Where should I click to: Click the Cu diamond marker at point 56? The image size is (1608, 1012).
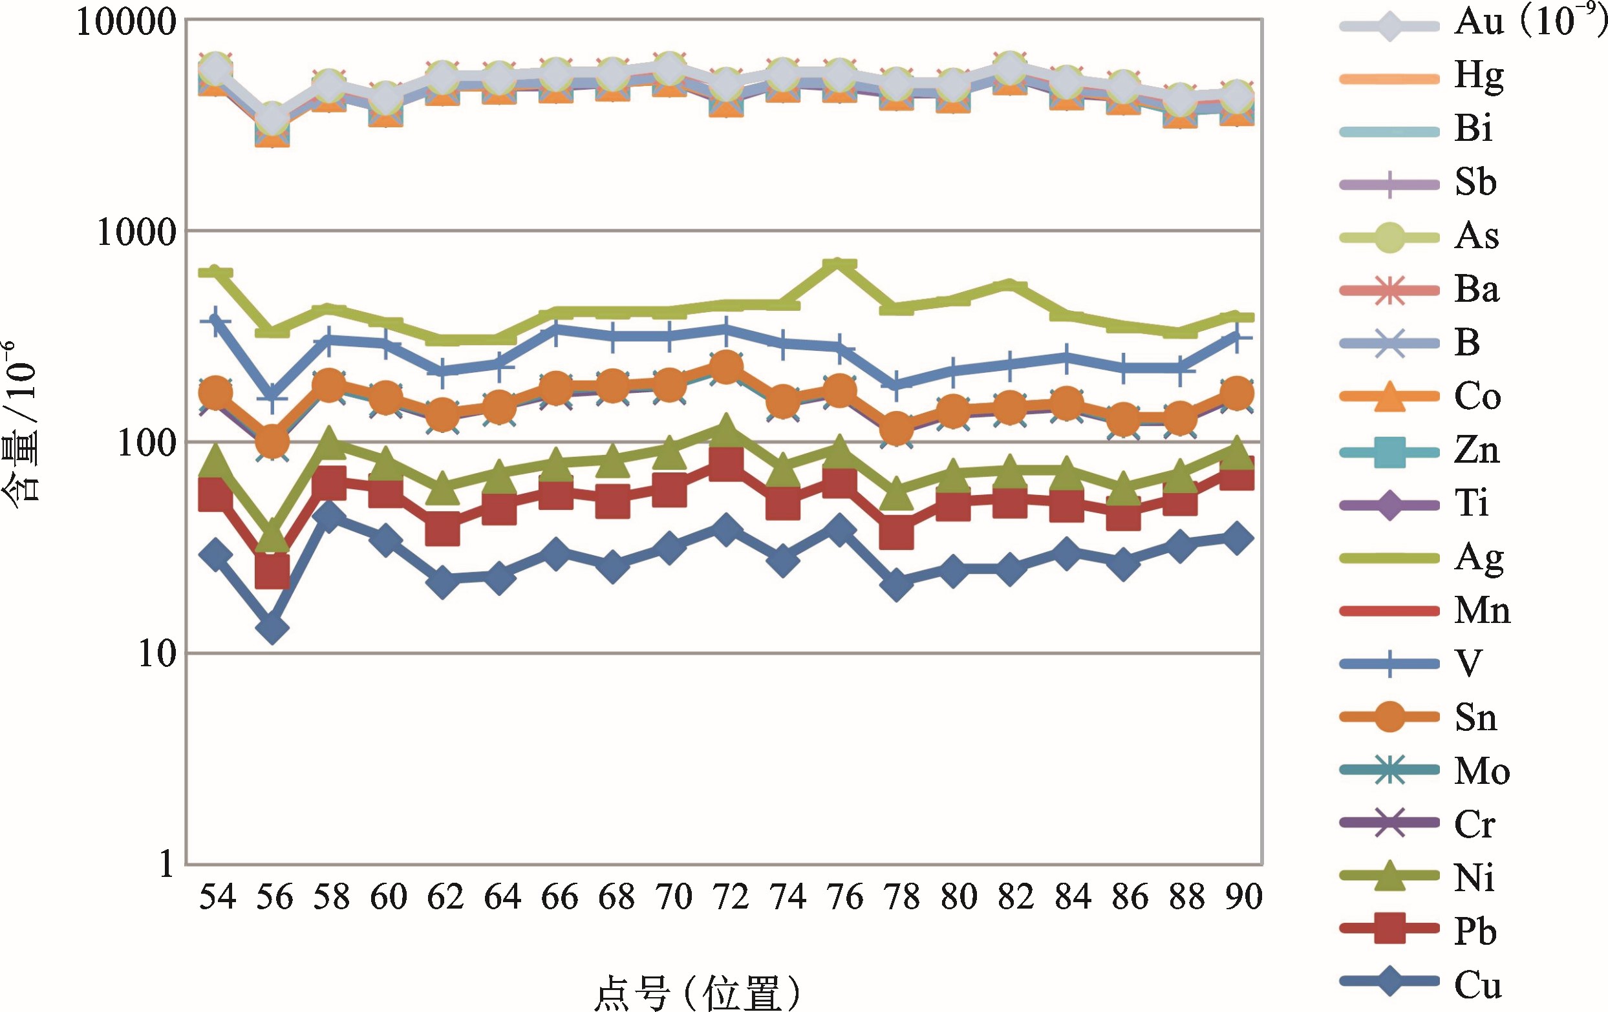(272, 627)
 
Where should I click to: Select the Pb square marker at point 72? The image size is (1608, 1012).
(727, 463)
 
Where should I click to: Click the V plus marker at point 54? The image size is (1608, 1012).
(215, 321)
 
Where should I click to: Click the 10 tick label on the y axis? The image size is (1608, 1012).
(156, 655)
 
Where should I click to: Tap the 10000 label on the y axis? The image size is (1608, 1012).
(126, 23)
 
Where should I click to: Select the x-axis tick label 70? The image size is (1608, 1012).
(673, 896)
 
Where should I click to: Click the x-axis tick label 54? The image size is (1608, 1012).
(218, 896)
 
